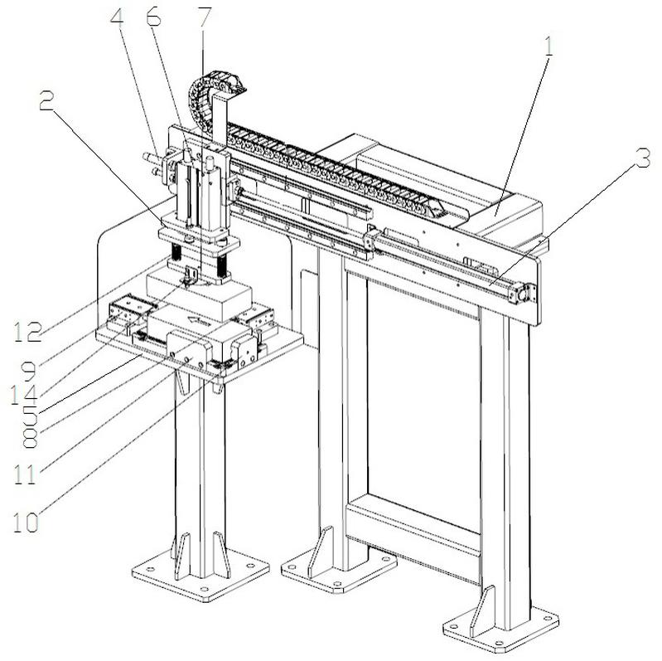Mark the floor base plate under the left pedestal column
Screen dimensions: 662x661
200,572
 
